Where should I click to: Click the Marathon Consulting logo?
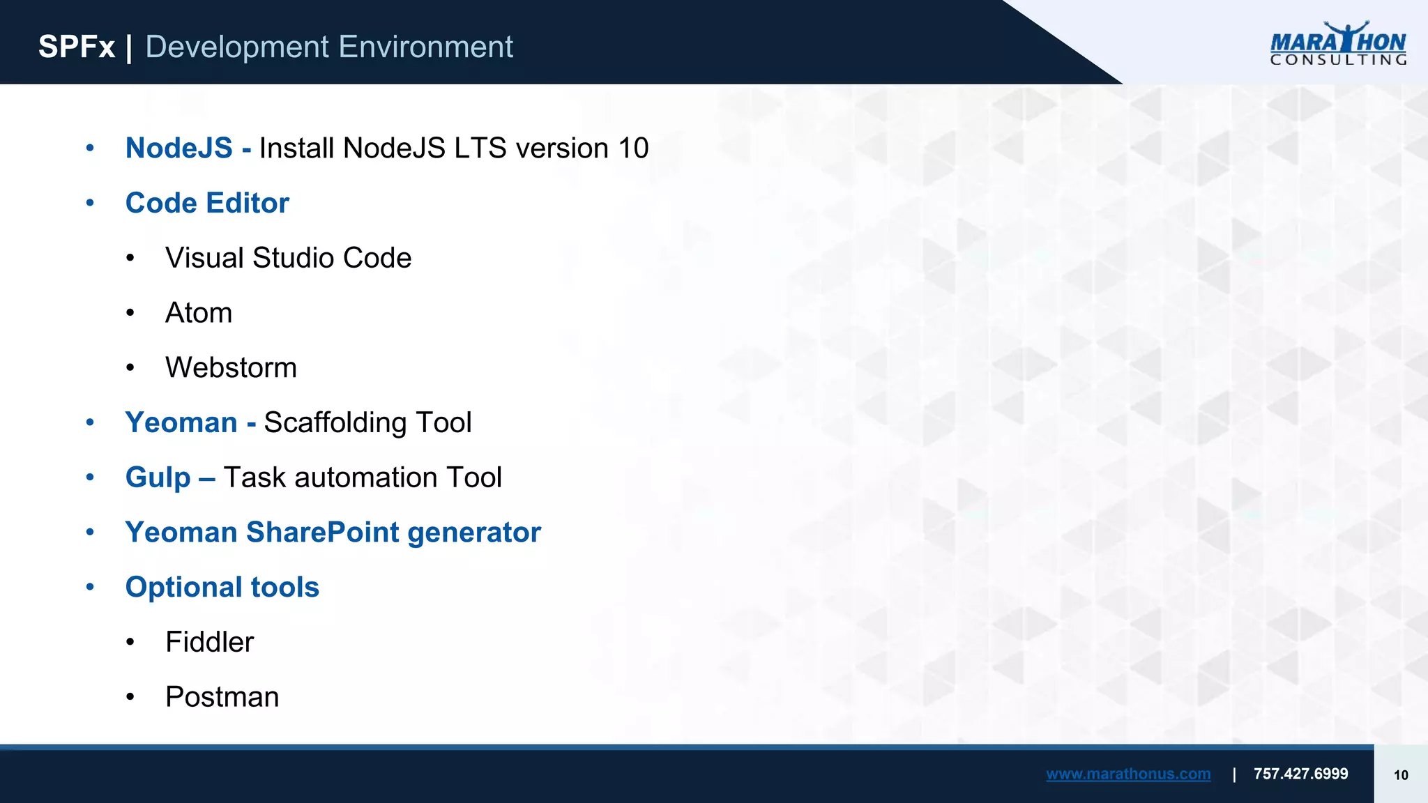[x=1337, y=44]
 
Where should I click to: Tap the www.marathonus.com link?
[x=1127, y=774]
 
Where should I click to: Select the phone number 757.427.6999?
[x=1300, y=774]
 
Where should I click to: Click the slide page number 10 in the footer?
[x=1400, y=775]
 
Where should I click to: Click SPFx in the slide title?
[x=76, y=47]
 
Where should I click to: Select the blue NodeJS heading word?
[x=178, y=148]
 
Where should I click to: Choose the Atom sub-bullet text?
[x=199, y=313]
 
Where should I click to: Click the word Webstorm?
[x=231, y=368]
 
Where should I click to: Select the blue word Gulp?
[x=158, y=478]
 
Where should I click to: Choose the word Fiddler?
[x=209, y=642]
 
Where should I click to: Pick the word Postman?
[x=222, y=697]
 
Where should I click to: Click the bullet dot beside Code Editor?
[x=90, y=203]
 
